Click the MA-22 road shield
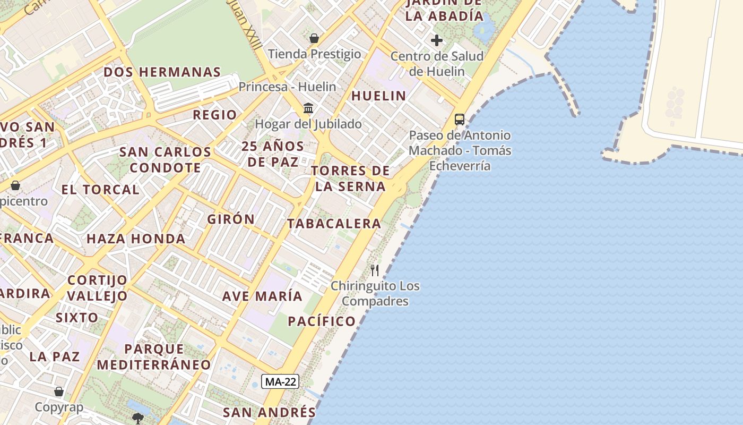(x=281, y=381)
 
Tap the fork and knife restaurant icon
(x=375, y=270)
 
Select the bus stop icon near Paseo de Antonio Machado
(x=460, y=120)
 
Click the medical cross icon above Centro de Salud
(x=437, y=40)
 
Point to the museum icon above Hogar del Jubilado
(x=308, y=108)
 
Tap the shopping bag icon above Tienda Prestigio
(x=314, y=38)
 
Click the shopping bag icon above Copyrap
(x=59, y=392)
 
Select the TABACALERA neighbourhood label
(x=334, y=224)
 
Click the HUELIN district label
(x=379, y=96)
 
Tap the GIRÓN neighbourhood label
(x=231, y=219)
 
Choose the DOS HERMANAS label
(x=162, y=72)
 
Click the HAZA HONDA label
(x=136, y=239)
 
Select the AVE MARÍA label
(x=262, y=296)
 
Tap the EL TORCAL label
(x=100, y=190)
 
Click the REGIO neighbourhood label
(x=215, y=115)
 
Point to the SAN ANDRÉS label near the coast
(x=269, y=412)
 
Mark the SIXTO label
(x=77, y=318)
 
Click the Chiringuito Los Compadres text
(x=375, y=294)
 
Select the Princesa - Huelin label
(x=287, y=87)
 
